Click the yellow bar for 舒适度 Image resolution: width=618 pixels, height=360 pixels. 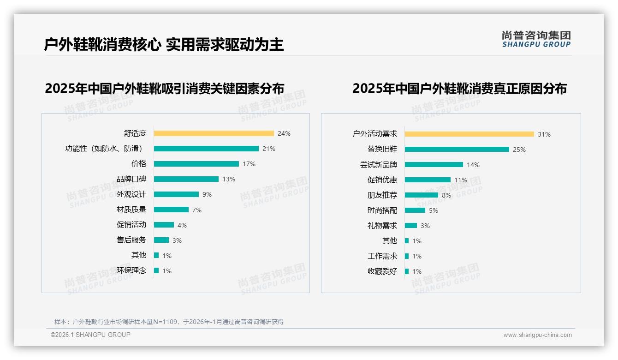tap(214, 133)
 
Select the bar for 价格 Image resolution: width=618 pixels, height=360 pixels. tap(196, 164)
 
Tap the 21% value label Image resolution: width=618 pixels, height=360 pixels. tap(269, 149)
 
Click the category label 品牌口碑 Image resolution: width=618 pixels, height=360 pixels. tap(131, 179)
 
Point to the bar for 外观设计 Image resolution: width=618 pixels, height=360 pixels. tap(176, 194)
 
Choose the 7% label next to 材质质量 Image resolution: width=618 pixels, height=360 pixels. tap(197, 210)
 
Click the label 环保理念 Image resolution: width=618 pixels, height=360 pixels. tap(131, 270)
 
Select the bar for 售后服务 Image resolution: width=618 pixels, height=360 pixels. tap(161, 240)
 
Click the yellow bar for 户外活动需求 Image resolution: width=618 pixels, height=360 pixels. tap(469, 134)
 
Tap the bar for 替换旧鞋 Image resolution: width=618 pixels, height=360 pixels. tap(457, 150)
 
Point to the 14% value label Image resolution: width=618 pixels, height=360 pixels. tap(473, 165)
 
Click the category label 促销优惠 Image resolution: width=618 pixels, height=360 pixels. tap(382, 180)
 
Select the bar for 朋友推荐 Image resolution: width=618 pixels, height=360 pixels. tap(421, 195)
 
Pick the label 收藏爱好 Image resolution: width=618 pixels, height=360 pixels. tap(382, 271)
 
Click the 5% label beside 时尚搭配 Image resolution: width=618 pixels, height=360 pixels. tap(434, 210)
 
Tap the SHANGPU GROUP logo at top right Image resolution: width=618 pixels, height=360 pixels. tap(536, 39)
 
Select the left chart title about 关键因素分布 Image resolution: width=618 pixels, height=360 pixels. tap(164, 88)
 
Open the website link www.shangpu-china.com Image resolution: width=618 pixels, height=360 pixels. tap(537, 335)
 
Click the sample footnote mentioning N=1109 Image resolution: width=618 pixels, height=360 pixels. tap(169, 322)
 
